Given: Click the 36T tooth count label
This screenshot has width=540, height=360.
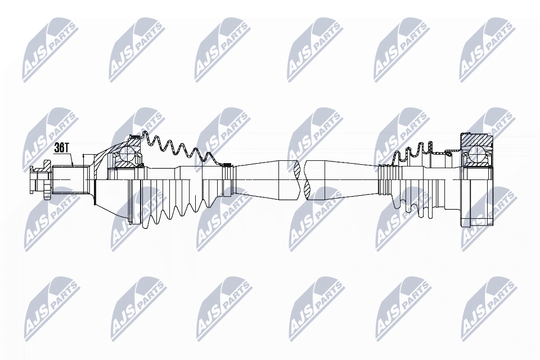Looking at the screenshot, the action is click(62, 148).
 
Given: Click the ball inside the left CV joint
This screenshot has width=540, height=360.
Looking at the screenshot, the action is click(127, 154).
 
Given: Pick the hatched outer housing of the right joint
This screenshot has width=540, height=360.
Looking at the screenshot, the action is click(476, 139).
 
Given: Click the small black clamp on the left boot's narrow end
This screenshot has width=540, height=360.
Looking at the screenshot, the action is click(227, 165).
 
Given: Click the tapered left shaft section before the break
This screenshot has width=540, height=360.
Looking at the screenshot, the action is click(265, 179).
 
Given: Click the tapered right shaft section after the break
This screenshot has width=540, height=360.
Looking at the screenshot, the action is click(341, 180).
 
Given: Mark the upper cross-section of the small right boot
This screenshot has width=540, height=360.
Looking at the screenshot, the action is click(414, 151).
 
